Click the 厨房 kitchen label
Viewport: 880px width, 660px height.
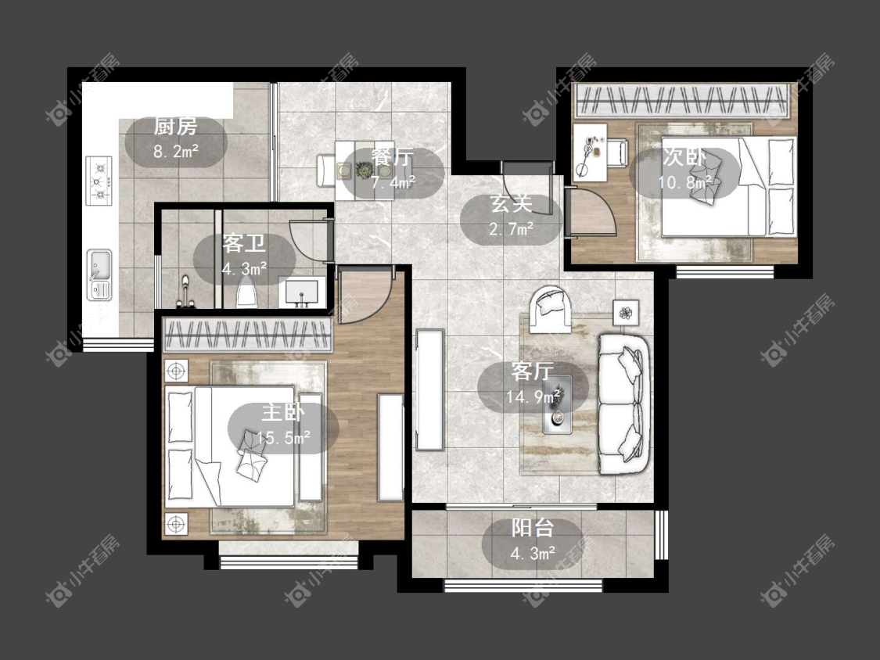tap(176, 127)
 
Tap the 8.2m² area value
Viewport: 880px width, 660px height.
tap(176, 151)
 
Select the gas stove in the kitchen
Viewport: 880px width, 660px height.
tap(99, 181)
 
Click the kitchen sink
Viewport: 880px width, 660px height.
tap(99, 275)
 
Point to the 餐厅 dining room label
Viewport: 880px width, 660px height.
tap(393, 158)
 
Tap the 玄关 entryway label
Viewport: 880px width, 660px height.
tap(511, 204)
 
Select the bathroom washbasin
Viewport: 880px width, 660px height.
tap(302, 292)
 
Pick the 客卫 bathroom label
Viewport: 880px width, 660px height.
tap(243, 244)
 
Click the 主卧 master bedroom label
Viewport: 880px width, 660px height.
tap(283, 413)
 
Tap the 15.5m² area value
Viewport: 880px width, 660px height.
tap(283, 437)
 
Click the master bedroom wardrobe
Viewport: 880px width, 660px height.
tap(247, 335)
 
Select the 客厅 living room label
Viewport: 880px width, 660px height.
tap(533, 371)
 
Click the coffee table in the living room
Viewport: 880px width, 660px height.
tap(557, 404)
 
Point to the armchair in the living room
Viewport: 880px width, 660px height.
tap(551, 309)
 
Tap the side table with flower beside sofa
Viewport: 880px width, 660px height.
tap(626, 313)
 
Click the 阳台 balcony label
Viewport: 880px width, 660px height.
tap(533, 528)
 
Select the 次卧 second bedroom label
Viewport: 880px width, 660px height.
tap(684, 157)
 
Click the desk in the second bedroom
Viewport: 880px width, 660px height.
tap(591, 152)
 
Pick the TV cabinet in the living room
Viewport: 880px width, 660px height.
tap(430, 389)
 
